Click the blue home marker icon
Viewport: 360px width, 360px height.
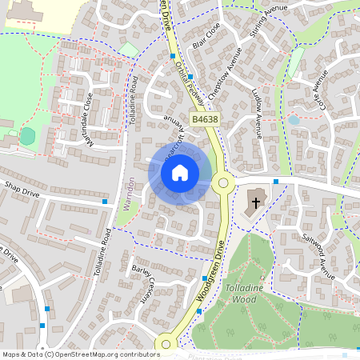coord(180,173)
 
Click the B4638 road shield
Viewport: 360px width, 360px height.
coord(205,119)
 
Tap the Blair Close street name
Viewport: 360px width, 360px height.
coord(206,35)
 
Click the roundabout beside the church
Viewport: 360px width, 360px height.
coord(223,183)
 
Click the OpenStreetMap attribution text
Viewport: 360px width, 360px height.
coord(80,354)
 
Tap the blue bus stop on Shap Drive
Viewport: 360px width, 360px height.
coord(105,202)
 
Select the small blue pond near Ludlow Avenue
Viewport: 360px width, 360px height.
coord(294,121)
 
